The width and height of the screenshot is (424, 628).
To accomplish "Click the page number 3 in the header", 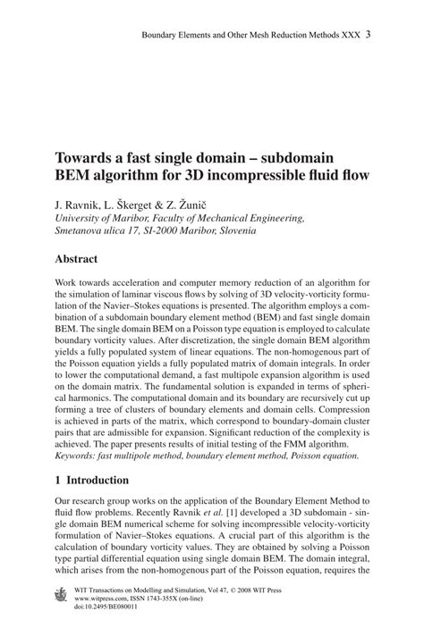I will click(x=369, y=36).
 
